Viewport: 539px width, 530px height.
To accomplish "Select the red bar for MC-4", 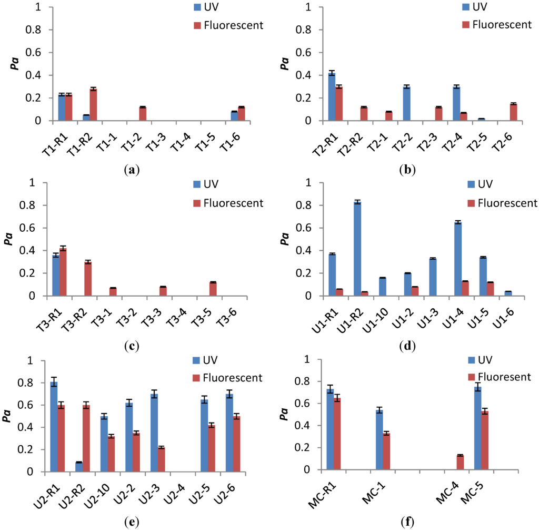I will tap(460, 462).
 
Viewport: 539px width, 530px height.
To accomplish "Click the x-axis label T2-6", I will tap(505, 140).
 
